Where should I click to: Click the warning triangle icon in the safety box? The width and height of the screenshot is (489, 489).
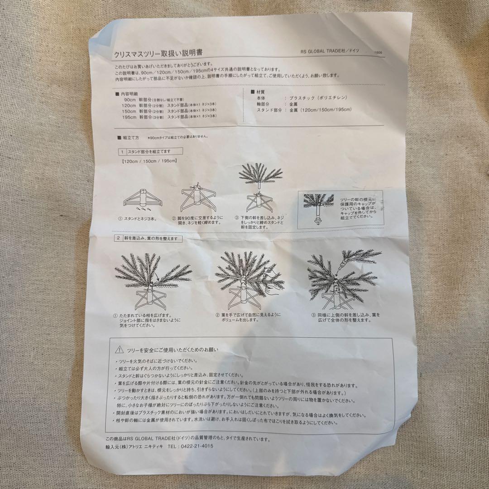coord(120,349)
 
